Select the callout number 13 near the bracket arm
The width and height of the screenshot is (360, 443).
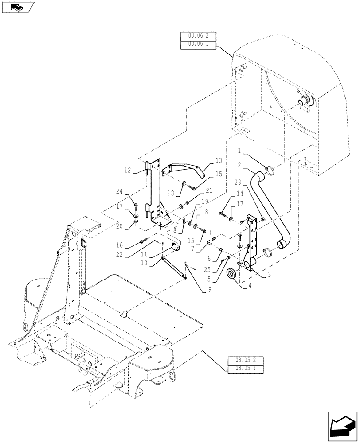pyautogui.click(x=219, y=160)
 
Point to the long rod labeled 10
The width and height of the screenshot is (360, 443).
pyautogui.click(x=174, y=266)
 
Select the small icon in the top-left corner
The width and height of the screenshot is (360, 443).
pyautogui.click(x=17, y=7)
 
